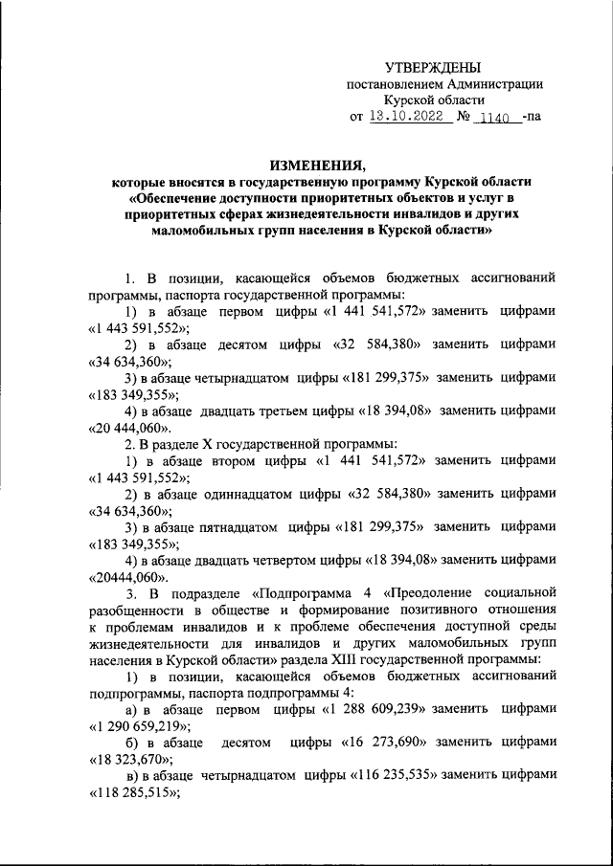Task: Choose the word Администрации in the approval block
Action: coord(490,84)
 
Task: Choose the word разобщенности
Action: coord(134,610)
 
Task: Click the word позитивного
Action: coord(427,610)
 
